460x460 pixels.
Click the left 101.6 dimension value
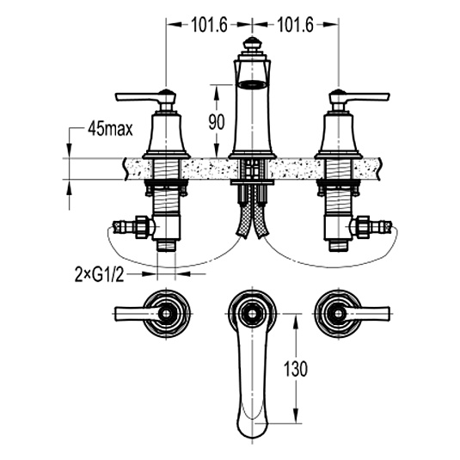click(x=209, y=25)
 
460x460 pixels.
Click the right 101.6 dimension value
click(x=296, y=25)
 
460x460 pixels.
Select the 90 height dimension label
click(x=217, y=122)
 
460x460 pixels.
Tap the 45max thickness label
click(x=110, y=129)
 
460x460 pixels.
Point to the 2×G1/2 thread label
click(x=100, y=275)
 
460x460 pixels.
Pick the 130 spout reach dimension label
click(x=296, y=369)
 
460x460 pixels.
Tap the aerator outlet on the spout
click(x=252, y=84)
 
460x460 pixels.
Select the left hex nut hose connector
click(x=144, y=227)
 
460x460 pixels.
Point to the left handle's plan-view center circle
click(x=167, y=314)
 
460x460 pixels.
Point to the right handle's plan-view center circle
click(x=338, y=314)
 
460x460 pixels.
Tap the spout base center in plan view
click(x=252, y=314)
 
